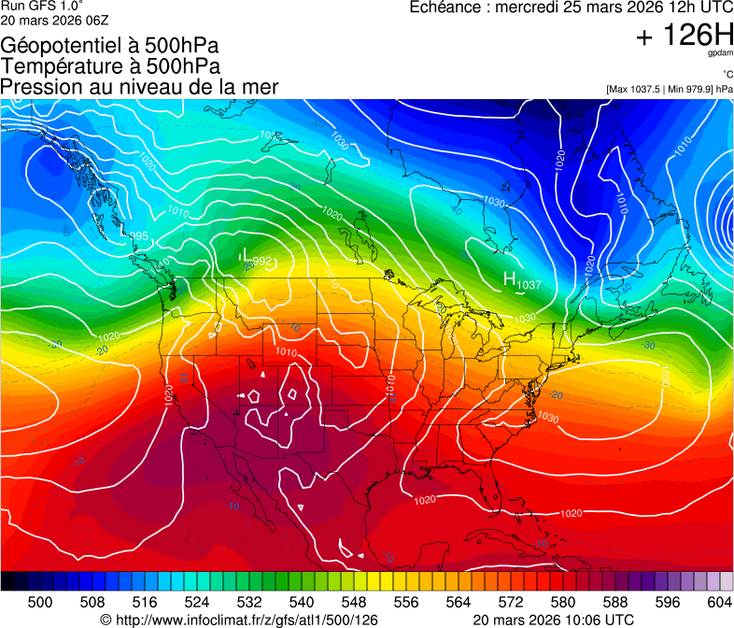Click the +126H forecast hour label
pyautogui.click(x=685, y=36)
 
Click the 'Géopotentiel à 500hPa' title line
pyautogui.click(x=109, y=45)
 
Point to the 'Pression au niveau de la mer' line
pyautogui.click(x=139, y=87)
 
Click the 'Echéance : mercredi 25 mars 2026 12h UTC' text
pyautogui.click(x=572, y=7)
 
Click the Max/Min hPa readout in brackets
pyautogui.click(x=669, y=89)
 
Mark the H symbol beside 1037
pyautogui.click(x=510, y=278)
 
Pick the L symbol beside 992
pyautogui.click(x=245, y=255)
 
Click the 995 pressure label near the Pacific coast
pyautogui.click(x=138, y=235)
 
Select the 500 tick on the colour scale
pyautogui.click(x=40, y=601)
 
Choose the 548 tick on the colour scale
pyautogui.click(x=353, y=601)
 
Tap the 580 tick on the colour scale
pyautogui.click(x=562, y=601)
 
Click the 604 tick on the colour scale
pyautogui.click(x=719, y=601)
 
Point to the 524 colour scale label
pyautogui.click(x=197, y=601)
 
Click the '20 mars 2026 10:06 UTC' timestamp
pyautogui.click(x=554, y=620)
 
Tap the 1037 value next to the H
pyautogui.click(x=530, y=284)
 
